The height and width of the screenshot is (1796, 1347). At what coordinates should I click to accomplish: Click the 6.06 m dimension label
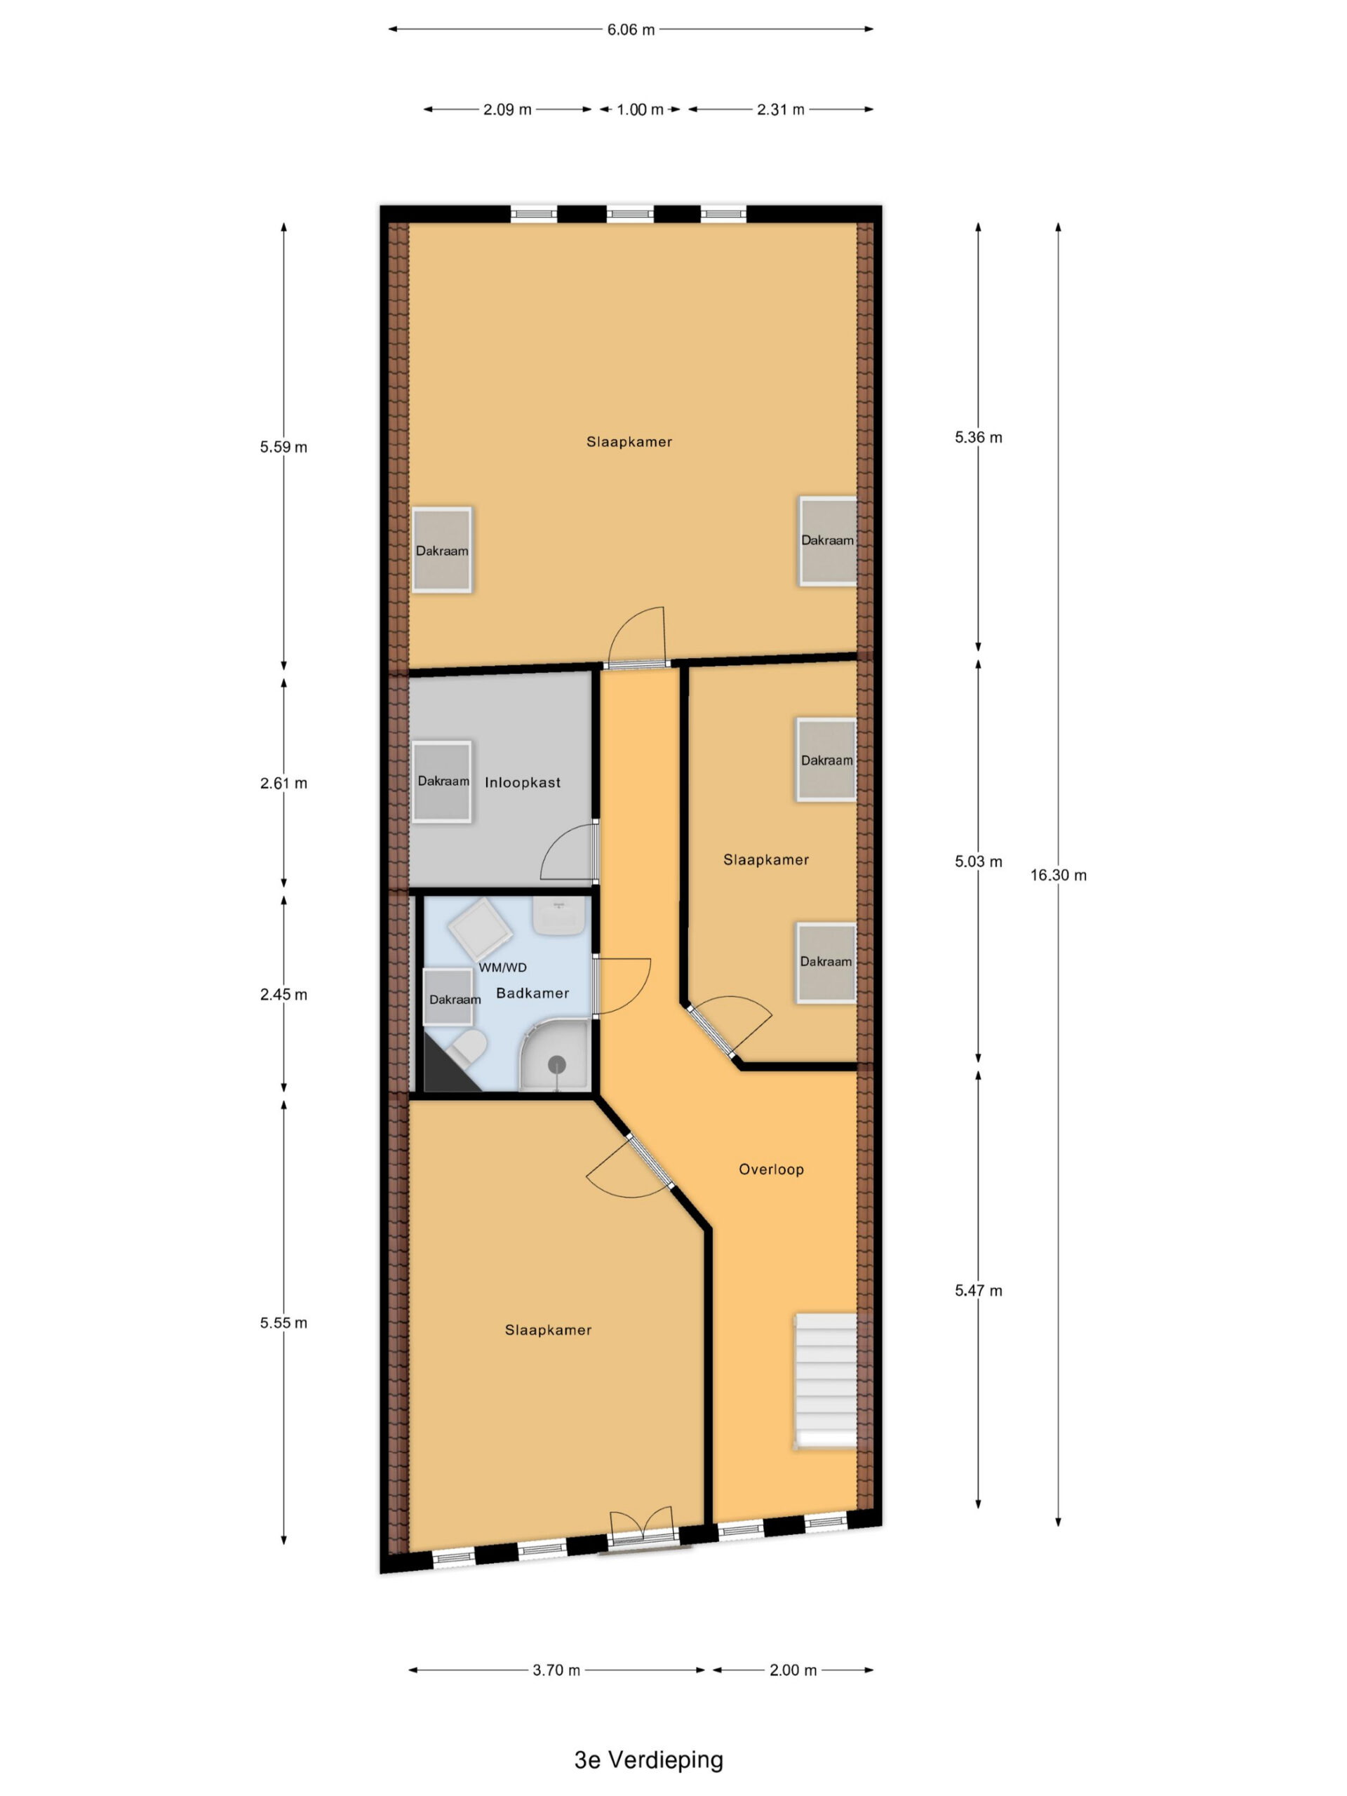point(631,30)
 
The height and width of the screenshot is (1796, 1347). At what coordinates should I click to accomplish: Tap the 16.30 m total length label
point(1058,876)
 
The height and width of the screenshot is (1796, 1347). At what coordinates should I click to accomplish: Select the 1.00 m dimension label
point(640,109)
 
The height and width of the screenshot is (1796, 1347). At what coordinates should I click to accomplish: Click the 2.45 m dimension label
point(283,995)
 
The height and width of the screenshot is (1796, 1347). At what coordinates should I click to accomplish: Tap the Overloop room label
point(770,1170)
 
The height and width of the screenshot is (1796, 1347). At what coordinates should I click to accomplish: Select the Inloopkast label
point(522,783)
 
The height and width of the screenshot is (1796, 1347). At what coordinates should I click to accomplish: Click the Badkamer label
point(532,993)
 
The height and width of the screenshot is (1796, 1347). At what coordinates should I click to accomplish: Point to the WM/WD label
point(502,967)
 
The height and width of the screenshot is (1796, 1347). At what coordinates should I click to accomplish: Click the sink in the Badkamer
point(558,916)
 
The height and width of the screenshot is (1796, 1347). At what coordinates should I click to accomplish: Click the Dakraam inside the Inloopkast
point(443,781)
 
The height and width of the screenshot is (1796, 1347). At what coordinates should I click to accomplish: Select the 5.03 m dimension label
point(979,862)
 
